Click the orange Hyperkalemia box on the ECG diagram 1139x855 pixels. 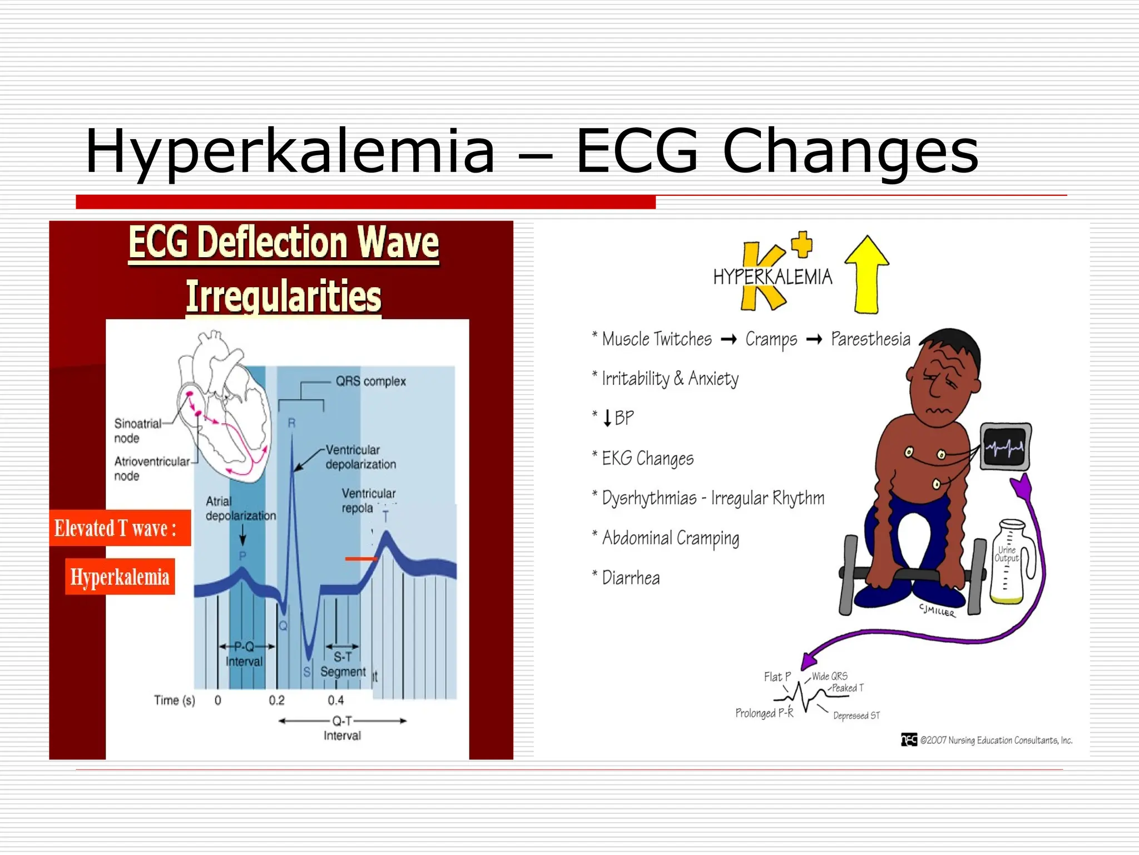click(x=120, y=577)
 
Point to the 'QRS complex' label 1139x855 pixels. click(x=370, y=381)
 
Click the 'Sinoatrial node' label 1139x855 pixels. click(x=137, y=430)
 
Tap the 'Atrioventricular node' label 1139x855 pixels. click(x=151, y=468)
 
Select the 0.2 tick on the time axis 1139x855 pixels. click(x=276, y=700)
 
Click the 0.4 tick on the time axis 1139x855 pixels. click(x=335, y=700)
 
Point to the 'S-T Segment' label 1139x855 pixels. click(x=343, y=665)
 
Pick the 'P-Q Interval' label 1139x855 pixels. click(x=244, y=654)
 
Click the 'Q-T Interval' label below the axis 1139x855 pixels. click(x=342, y=728)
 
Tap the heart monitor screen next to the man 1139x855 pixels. click(x=1005, y=446)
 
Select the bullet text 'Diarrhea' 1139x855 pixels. click(x=631, y=578)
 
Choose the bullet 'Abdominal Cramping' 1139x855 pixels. click(x=670, y=538)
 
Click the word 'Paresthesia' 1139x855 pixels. click(x=870, y=339)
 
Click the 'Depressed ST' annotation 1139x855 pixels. click(x=856, y=716)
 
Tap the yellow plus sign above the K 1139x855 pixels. click(x=802, y=245)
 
